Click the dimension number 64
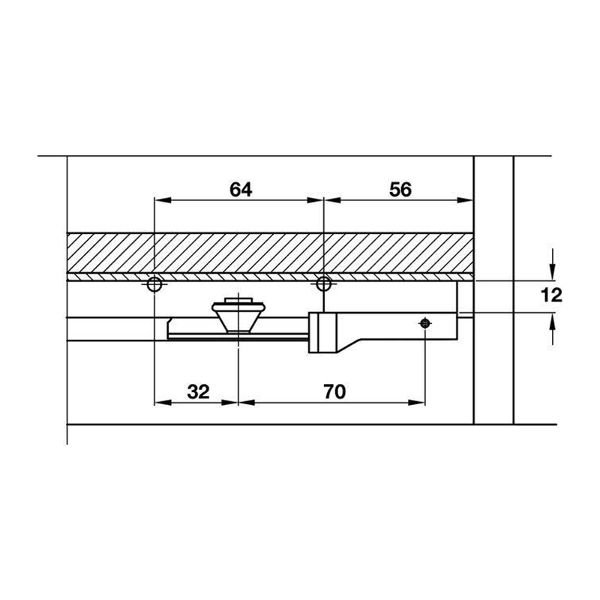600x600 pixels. (241, 190)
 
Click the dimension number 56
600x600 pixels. (400, 190)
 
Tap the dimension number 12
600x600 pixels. (551, 295)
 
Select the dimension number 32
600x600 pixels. (199, 391)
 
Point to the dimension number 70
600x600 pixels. (334, 391)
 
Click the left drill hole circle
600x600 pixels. (154, 284)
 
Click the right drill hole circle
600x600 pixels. (324, 284)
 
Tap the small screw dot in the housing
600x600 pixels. (424, 324)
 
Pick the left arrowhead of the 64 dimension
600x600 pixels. (162, 200)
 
